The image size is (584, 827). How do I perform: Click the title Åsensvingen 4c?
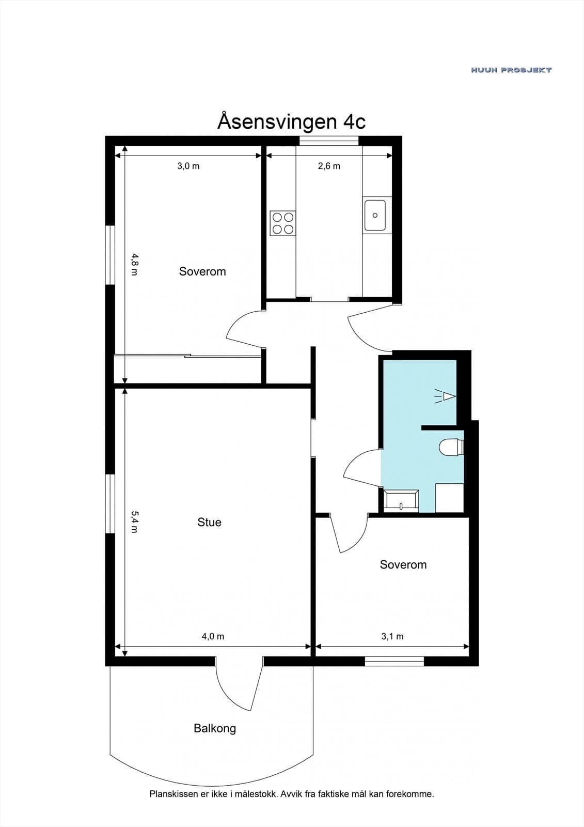coord(291,121)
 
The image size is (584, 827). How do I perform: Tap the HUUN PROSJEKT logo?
coord(511,70)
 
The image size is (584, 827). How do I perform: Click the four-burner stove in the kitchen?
coord(283,223)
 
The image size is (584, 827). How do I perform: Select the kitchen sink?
coord(375,215)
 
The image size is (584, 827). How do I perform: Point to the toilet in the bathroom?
coord(451,448)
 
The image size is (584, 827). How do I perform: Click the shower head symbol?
coord(445,396)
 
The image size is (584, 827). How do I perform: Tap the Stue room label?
coord(209,522)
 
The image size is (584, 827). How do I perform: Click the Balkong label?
coord(215,728)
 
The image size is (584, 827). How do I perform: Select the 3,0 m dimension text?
coord(188,166)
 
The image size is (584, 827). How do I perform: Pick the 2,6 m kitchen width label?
coord(329,166)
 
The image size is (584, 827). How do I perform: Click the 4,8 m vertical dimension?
coord(134,264)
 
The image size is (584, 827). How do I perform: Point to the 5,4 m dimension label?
coord(134,522)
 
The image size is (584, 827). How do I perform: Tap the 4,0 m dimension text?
coord(213,636)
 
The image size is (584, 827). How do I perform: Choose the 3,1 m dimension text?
coord(392,636)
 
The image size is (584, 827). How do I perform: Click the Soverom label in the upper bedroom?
coord(202,271)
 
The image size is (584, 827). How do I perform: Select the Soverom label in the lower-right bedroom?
coord(403,564)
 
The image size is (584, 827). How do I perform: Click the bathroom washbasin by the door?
coord(401,501)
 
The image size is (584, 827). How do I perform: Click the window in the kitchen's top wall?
coord(329,141)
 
